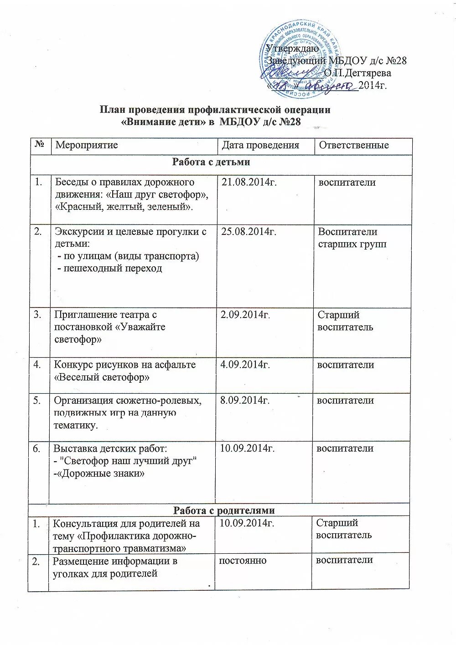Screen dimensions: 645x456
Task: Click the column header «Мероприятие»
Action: pyautogui.click(x=86, y=146)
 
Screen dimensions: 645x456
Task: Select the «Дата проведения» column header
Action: pyautogui.click(x=260, y=146)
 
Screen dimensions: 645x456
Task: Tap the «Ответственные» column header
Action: pyautogui.click(x=353, y=146)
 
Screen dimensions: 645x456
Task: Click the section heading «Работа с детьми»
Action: pyautogui.click(x=211, y=162)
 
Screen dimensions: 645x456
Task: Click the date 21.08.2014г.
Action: pyautogui.click(x=249, y=182)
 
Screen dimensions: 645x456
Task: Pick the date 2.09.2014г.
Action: pyautogui.click(x=245, y=315)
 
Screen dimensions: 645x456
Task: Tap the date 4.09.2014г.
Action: pyautogui.click(x=245, y=365)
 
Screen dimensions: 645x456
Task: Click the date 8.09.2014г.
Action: pyautogui.click(x=245, y=401)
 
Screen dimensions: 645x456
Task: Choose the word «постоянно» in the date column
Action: pyautogui.click(x=243, y=560)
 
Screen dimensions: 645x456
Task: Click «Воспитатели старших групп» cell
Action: pyautogui.click(x=352, y=238)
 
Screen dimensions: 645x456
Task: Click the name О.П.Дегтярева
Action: pyautogui.click(x=358, y=73)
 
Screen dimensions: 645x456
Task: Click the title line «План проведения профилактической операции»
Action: pyautogui.click(x=215, y=110)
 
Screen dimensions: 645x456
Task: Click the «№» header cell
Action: pyautogui.click(x=39, y=145)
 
